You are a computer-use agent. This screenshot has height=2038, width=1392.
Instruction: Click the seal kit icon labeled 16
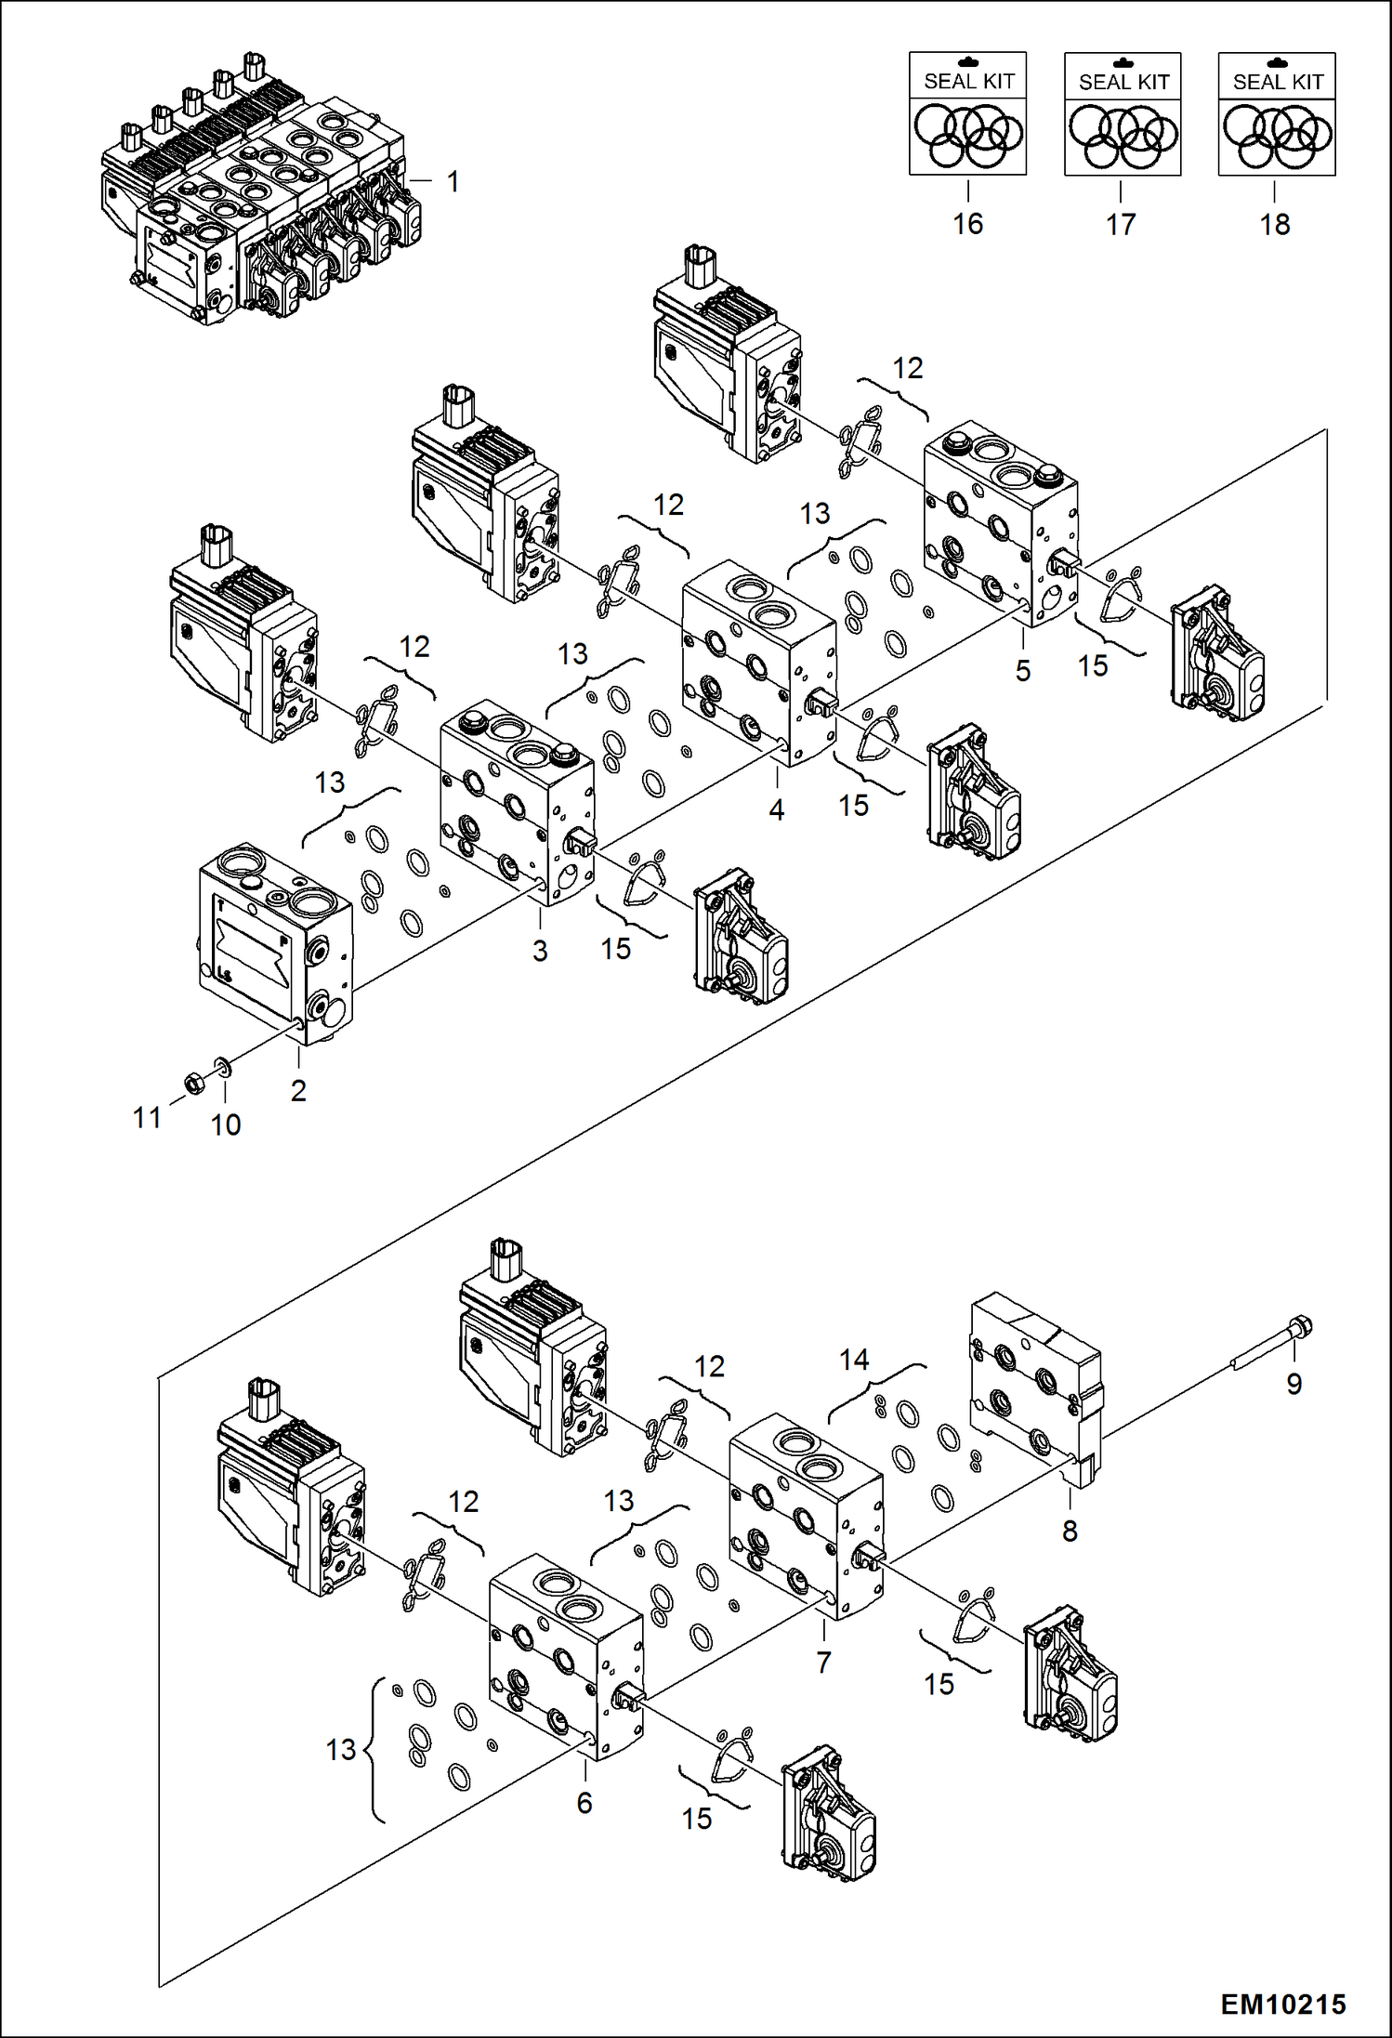coord(967,113)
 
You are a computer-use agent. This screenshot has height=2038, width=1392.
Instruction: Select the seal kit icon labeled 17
coord(1123,114)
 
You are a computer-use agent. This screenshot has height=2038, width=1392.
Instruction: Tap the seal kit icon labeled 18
coord(1277,114)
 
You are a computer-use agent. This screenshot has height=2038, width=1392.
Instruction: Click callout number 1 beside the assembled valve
coord(453,181)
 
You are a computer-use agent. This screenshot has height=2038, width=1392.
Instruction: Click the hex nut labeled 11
coord(194,1082)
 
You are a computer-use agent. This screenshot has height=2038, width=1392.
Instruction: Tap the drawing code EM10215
coord(1282,2005)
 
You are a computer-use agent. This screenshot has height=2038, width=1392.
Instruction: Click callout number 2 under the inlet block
coord(298,1090)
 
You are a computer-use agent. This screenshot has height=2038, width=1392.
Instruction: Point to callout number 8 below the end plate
coord(1070,1531)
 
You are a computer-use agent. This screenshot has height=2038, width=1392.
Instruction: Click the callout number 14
coord(854,1360)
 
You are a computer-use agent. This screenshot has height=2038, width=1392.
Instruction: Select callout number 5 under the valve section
coord(1023,670)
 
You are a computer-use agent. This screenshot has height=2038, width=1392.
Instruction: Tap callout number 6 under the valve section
coord(584,1803)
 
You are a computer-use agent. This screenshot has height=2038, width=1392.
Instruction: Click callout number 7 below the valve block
coord(823,1663)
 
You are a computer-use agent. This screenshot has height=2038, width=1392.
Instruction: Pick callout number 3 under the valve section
coord(540,951)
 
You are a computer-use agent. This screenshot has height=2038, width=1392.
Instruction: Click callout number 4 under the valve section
coord(777,809)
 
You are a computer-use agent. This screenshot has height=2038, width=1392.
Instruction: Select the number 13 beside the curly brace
coord(341,1750)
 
